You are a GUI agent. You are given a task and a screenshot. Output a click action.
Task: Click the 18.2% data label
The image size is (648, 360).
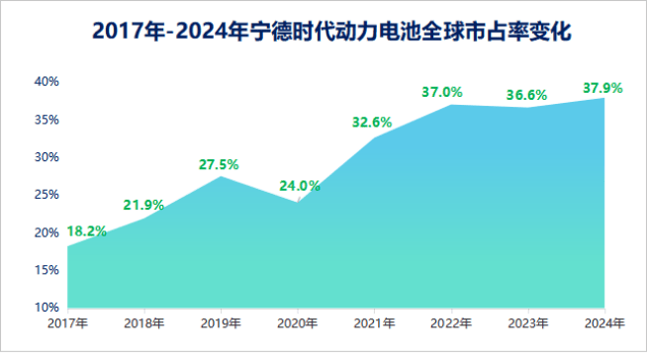[x=86, y=230]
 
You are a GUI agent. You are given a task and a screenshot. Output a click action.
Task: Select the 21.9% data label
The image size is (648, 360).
[x=143, y=205]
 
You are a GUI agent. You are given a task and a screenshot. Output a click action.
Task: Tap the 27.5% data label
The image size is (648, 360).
[x=219, y=164]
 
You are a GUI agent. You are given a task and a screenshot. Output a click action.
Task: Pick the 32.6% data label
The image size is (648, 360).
[x=372, y=123]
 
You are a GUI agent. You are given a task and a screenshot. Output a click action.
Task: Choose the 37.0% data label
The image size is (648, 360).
[x=442, y=92]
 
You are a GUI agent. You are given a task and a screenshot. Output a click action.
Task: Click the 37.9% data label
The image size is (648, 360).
[x=602, y=88]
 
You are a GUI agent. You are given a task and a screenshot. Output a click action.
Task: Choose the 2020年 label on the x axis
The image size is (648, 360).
[x=298, y=322]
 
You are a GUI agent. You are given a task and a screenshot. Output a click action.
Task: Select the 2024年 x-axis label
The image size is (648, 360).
[x=603, y=322]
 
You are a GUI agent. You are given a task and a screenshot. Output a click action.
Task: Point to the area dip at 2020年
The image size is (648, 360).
[x=298, y=202]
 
